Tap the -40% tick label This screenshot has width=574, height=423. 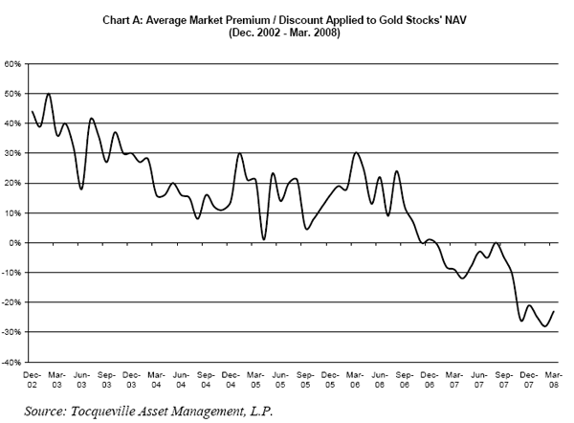pos(13,363)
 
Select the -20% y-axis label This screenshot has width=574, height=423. pos(13,302)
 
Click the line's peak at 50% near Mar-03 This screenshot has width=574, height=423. pos(49,94)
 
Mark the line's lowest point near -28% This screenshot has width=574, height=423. pos(545,326)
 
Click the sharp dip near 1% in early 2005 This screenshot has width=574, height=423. pos(264,239)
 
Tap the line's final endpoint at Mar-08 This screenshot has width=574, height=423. pos(555,311)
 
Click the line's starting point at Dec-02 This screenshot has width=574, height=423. pos(33,112)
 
